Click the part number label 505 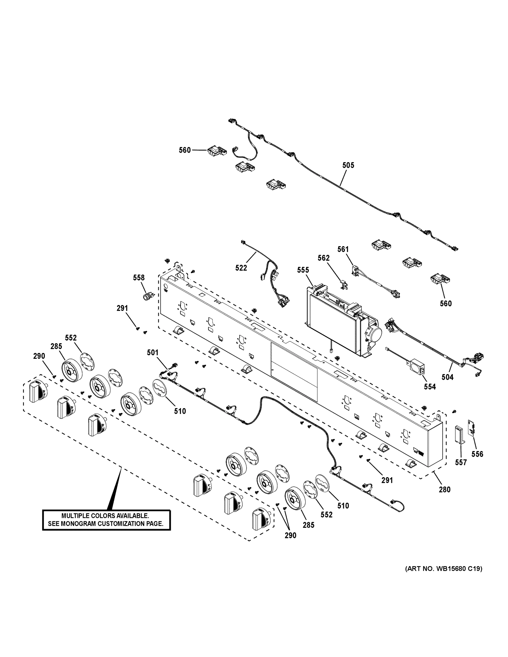[348, 165]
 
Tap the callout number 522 [241, 268]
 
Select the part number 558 [139, 278]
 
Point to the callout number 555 [303, 270]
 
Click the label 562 [323, 258]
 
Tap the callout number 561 [343, 249]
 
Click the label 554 [430, 387]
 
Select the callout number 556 [477, 454]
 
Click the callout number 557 [461, 462]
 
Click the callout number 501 [153, 352]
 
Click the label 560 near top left [185, 150]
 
